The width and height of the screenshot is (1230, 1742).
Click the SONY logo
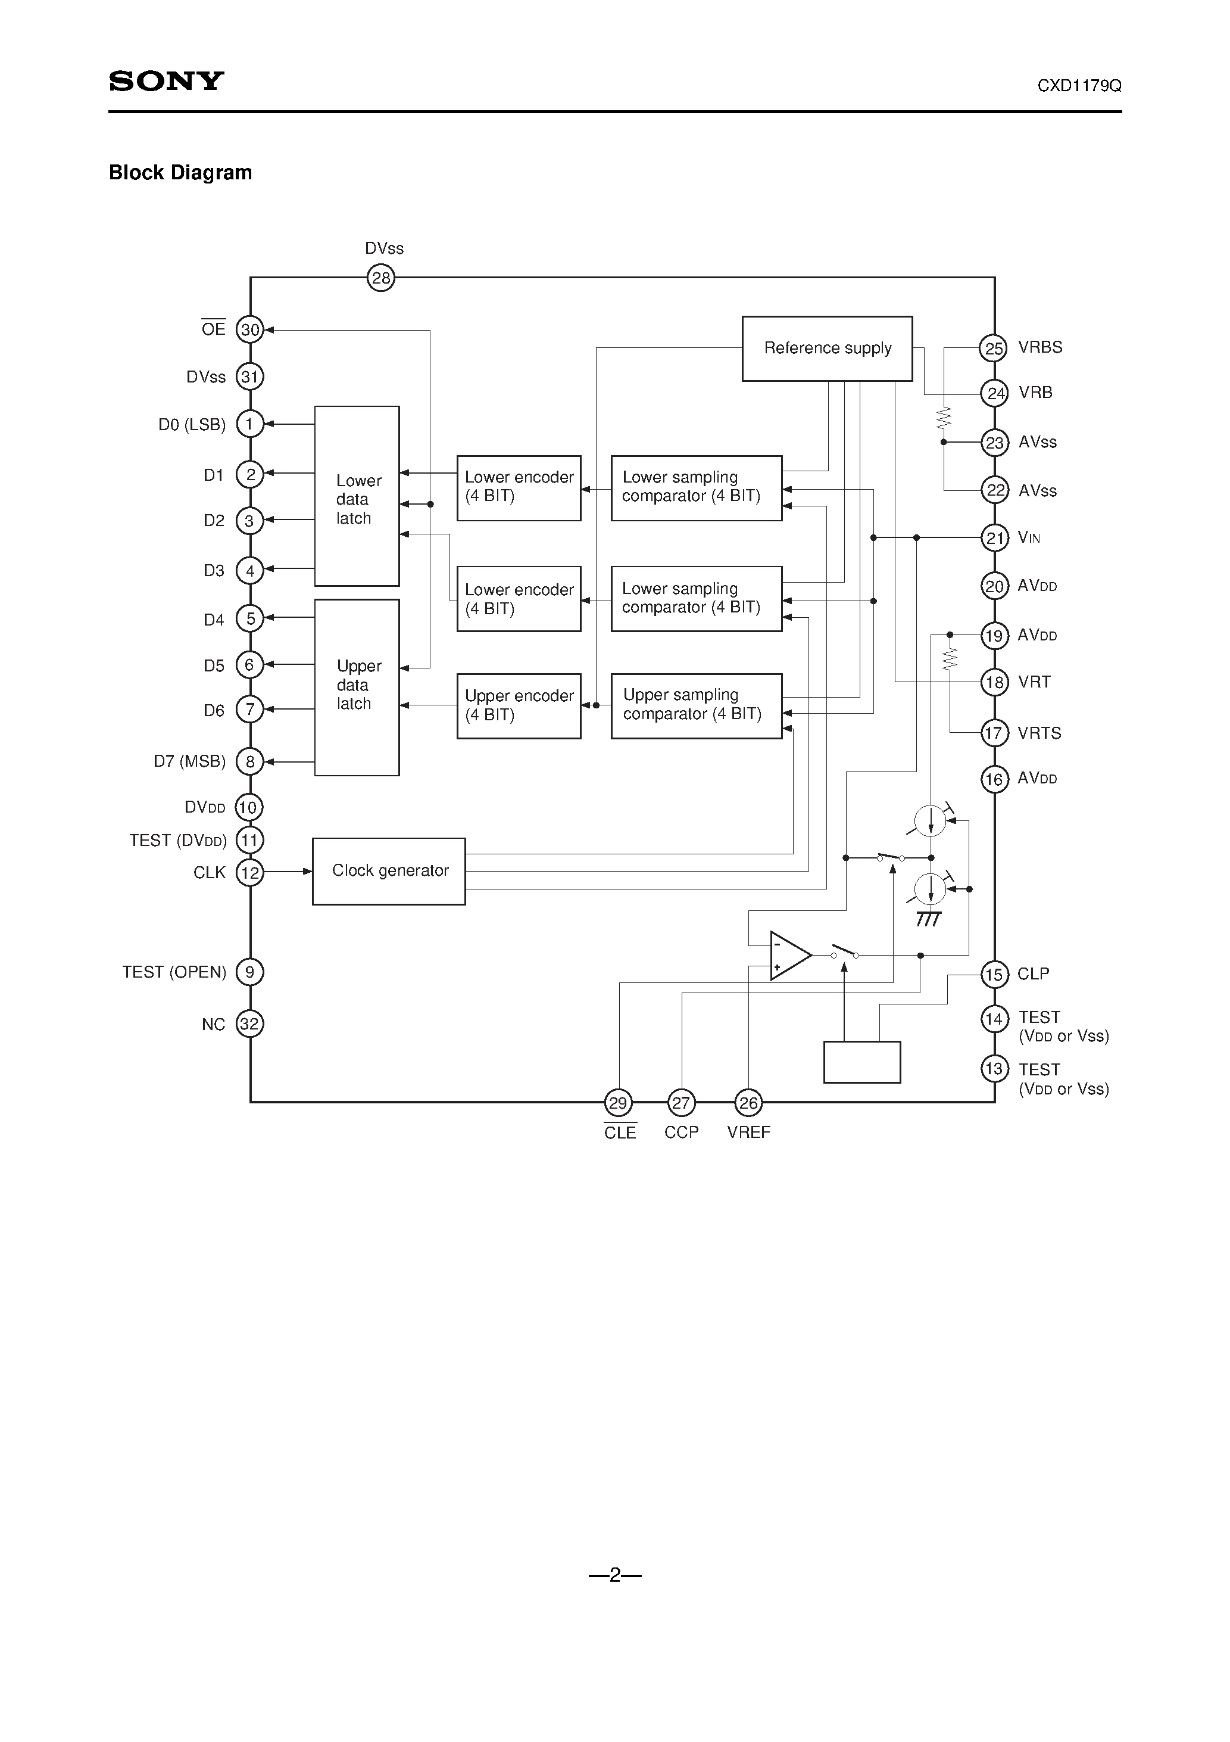pyautogui.click(x=166, y=80)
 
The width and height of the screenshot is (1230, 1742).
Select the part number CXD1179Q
pyautogui.click(x=1078, y=86)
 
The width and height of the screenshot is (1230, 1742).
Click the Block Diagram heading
pyautogui.click(x=180, y=172)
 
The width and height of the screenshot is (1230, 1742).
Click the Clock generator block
pyautogui.click(x=388, y=871)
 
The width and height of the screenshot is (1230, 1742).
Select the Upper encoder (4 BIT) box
pyautogui.click(x=519, y=705)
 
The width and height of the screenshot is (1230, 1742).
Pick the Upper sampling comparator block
pyautogui.click(x=696, y=705)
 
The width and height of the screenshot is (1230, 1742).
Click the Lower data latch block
pyautogui.click(x=357, y=496)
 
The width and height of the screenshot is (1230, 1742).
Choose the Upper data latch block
pyautogui.click(x=357, y=687)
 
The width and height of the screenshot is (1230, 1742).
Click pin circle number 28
pyautogui.click(x=380, y=278)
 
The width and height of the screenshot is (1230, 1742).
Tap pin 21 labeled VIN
pyautogui.click(x=994, y=538)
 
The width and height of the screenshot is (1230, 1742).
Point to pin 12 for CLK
pyautogui.click(x=249, y=873)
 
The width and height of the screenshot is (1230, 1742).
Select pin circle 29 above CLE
pyautogui.click(x=618, y=1102)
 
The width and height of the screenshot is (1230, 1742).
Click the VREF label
pyautogui.click(x=748, y=1132)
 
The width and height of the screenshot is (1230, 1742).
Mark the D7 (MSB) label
pyautogui.click(x=189, y=761)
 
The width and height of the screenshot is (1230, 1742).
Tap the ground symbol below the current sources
pyautogui.click(x=929, y=918)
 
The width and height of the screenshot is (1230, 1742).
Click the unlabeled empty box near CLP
pyautogui.click(x=861, y=1062)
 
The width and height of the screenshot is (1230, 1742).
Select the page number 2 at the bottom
pyautogui.click(x=615, y=1575)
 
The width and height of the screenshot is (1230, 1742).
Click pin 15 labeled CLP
pyautogui.click(x=994, y=974)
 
